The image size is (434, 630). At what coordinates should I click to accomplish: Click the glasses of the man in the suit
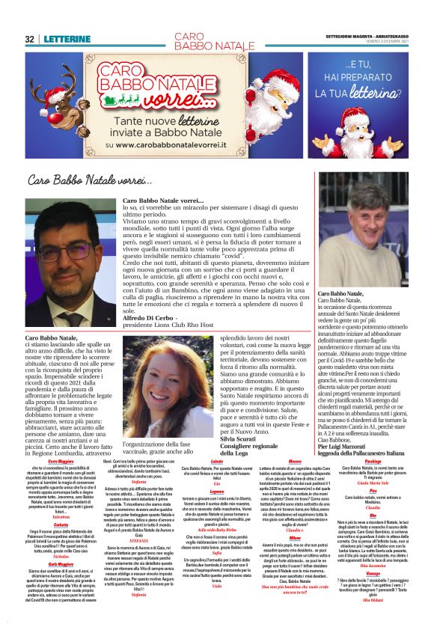point(69,251)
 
